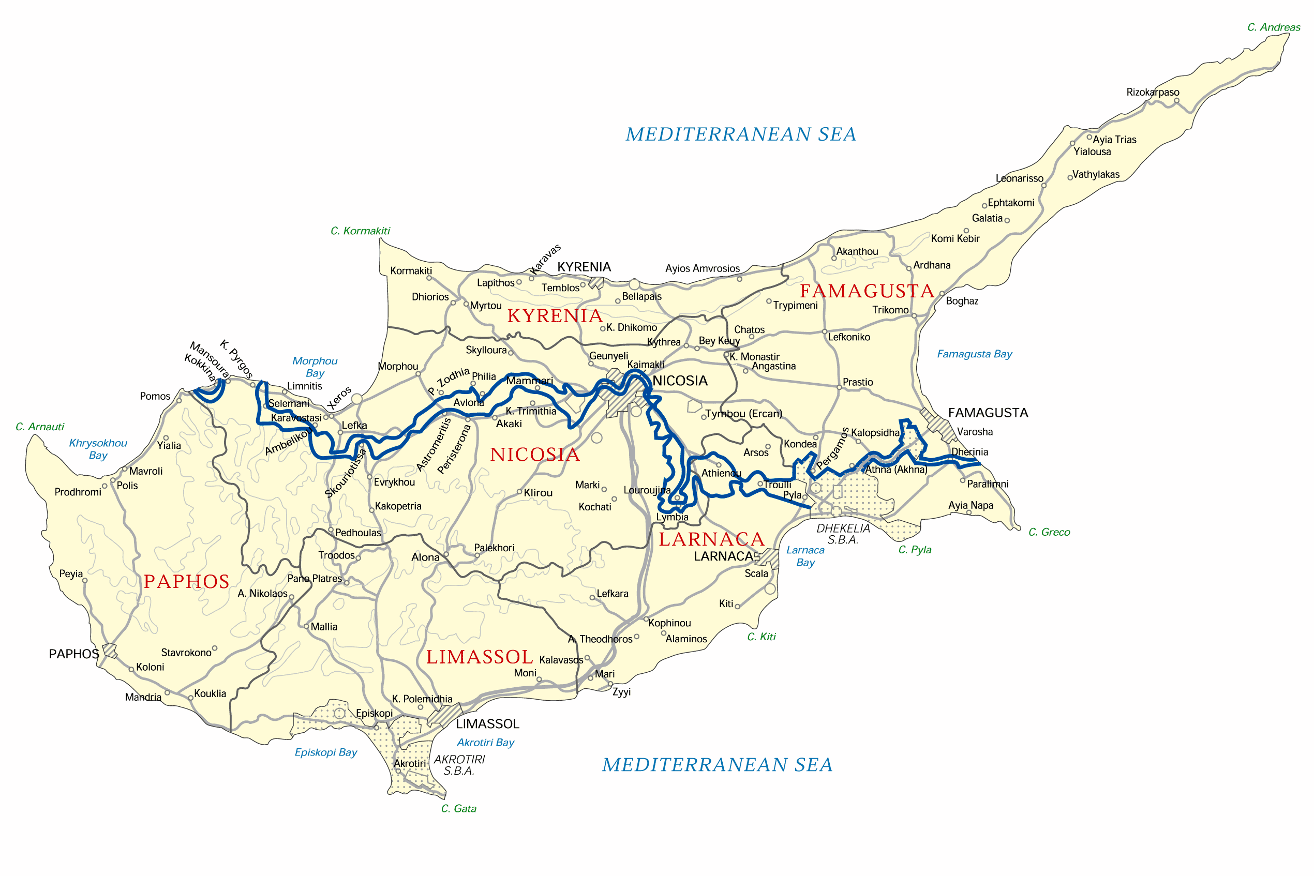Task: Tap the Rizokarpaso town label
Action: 1152,92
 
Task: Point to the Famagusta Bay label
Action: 974,354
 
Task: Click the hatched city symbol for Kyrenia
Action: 596,283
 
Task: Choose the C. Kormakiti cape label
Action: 360,231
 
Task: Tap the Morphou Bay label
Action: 315,367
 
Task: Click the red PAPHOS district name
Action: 186,582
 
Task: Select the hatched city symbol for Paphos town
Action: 110,651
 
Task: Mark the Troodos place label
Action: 336,555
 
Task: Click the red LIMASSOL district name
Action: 480,657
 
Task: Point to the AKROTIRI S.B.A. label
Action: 459,765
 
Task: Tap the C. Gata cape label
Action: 458,808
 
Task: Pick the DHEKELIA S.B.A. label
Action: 843,534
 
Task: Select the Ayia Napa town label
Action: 971,506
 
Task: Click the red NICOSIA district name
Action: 535,455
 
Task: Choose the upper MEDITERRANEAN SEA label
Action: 741,134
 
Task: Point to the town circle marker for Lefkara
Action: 592,598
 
